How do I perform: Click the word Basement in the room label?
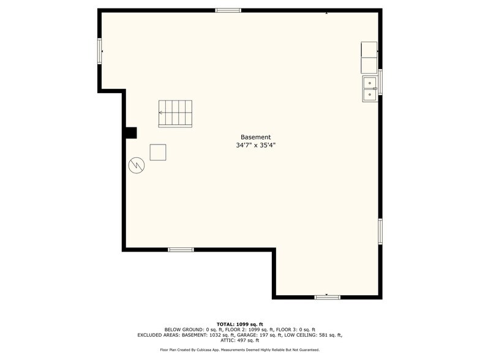(x=255, y=137)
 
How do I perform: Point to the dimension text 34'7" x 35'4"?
(x=255, y=146)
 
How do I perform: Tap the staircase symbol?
(x=175, y=114)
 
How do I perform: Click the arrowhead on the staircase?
(x=160, y=113)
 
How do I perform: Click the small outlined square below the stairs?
(x=158, y=152)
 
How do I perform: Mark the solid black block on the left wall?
(x=130, y=133)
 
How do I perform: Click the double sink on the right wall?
(x=370, y=88)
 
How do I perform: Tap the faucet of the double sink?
(x=375, y=88)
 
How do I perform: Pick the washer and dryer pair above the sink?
(x=369, y=58)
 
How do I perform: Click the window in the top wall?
(x=228, y=10)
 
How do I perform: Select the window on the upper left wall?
(x=99, y=51)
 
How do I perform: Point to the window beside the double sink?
(x=380, y=82)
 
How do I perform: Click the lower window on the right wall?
(x=380, y=231)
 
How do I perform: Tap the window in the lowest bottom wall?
(x=327, y=297)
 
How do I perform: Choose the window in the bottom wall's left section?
(x=181, y=249)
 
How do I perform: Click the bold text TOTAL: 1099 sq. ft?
(x=240, y=324)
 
